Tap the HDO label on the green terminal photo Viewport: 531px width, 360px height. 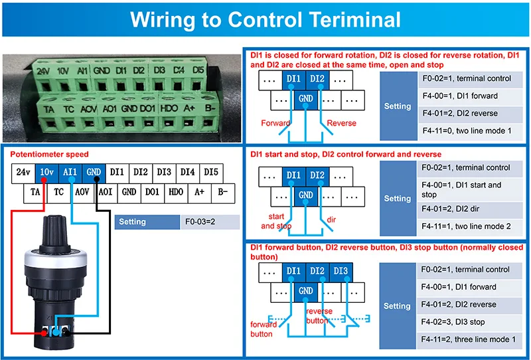pyautogui.click(x=169, y=108)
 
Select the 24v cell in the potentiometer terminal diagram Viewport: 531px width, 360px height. pyautogui.click(x=23, y=172)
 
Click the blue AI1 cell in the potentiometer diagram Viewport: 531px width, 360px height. pyautogui.click(x=70, y=172)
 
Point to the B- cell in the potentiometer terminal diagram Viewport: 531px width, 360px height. pyautogui.click(x=223, y=192)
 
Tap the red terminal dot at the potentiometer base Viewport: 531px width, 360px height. pyautogui.click(x=44, y=333)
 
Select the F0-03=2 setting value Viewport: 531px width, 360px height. pyautogui.click(x=200, y=222)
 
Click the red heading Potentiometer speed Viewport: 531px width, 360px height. pyautogui.click(x=49, y=154)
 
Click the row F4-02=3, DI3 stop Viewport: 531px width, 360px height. pyautogui.click(x=469, y=322)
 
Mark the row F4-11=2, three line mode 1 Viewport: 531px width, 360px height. pyautogui.click(x=469, y=339)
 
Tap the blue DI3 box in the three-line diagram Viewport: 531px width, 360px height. pyautogui.click(x=341, y=271)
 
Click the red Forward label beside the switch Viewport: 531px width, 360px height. pyautogui.click(x=275, y=123)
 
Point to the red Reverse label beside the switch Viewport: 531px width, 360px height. pyautogui.click(x=341, y=123)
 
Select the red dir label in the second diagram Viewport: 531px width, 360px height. pyautogui.click(x=331, y=220)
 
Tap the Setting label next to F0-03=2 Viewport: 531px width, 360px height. pyautogui.click(x=132, y=222)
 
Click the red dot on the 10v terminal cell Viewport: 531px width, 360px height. pyautogui.click(x=44, y=179)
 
